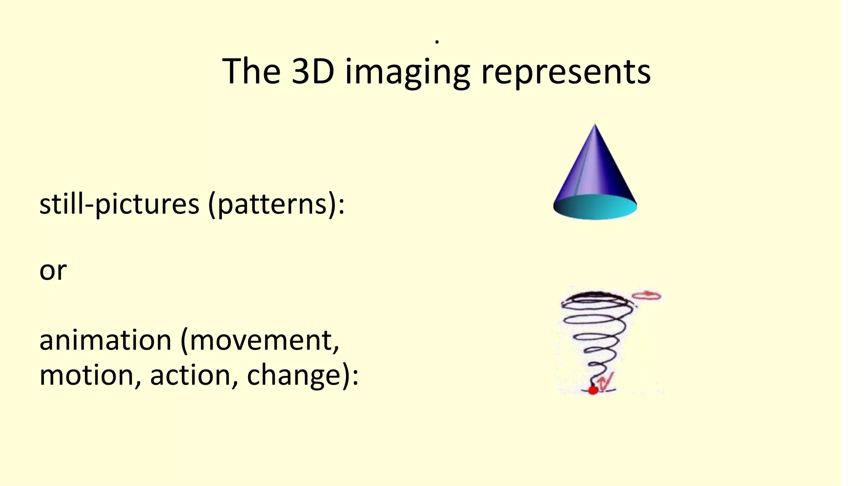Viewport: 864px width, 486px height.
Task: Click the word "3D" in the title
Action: (x=313, y=71)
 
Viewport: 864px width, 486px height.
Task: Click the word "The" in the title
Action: (x=251, y=71)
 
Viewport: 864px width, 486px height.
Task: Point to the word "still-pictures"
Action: (x=119, y=204)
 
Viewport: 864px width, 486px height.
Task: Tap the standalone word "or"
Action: (x=53, y=270)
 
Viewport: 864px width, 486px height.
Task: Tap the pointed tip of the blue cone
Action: (x=595, y=126)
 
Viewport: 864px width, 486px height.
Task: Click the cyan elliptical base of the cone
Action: (x=595, y=208)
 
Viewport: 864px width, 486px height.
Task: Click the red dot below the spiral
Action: (x=593, y=390)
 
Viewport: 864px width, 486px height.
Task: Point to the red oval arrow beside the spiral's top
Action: (x=648, y=295)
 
